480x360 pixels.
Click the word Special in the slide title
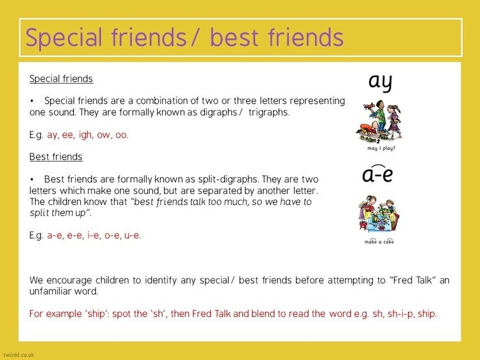[64, 38]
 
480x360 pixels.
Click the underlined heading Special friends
[61, 78]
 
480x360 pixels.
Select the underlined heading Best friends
[56, 157]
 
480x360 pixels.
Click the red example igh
[85, 135]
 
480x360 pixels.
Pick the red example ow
[104, 135]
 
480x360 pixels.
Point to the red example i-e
[93, 235]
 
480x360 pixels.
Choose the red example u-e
[132, 235]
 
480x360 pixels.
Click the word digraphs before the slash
[218, 112]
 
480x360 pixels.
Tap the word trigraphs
[269, 112]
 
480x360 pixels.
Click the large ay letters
[380, 82]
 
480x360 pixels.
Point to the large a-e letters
[378, 174]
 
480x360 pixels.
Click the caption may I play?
[381, 148]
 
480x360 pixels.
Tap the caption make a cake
[379, 241]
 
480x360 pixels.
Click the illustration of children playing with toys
[379, 122]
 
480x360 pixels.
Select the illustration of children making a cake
[379, 214]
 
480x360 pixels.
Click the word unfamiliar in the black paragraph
[50, 291]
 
